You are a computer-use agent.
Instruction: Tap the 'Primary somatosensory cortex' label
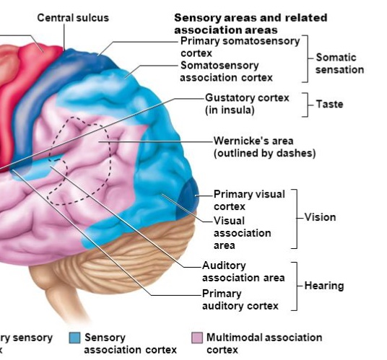[x=239, y=47]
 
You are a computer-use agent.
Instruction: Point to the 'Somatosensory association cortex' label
[x=225, y=71]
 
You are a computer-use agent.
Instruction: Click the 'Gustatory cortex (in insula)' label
[x=246, y=102]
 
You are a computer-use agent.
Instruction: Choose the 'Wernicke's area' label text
[x=264, y=146]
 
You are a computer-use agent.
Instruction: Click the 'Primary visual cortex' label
[x=249, y=200]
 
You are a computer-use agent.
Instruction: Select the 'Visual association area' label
[x=242, y=232]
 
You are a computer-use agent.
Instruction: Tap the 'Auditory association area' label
[x=243, y=271]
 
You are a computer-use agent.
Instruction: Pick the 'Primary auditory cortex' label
[x=240, y=299]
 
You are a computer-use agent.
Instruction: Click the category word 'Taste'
[x=329, y=105]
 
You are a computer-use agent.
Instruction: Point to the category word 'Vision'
[x=320, y=217]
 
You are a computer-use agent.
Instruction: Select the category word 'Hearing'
[x=323, y=286]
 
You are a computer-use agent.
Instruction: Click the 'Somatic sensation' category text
[x=339, y=63]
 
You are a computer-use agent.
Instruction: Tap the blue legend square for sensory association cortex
[x=74, y=338]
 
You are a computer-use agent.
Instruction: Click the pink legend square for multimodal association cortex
[x=196, y=338]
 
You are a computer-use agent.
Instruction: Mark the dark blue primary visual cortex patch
[x=189, y=194]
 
